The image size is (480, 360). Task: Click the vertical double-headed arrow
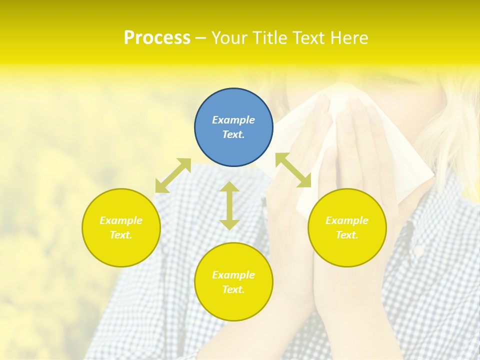(x=229, y=205)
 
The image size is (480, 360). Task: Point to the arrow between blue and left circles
(x=173, y=175)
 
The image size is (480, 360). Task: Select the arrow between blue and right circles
(x=293, y=170)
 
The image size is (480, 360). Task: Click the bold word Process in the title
(x=157, y=37)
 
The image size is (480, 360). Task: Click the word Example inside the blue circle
(x=233, y=120)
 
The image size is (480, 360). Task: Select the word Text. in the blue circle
(x=233, y=134)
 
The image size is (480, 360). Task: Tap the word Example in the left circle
(x=121, y=220)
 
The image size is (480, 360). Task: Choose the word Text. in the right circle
(x=347, y=235)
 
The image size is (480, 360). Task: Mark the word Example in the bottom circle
(x=233, y=275)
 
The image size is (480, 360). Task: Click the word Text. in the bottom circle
(x=233, y=289)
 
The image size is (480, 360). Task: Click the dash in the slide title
(x=200, y=38)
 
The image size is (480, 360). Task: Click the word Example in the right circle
(x=347, y=220)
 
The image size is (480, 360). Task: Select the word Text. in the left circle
(x=121, y=235)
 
